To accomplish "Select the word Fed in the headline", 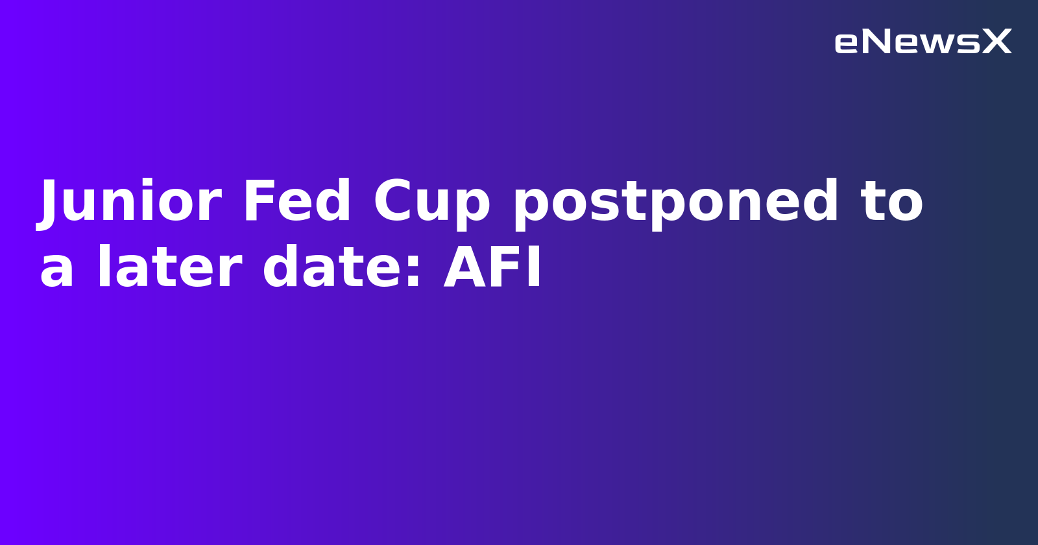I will tap(297, 202).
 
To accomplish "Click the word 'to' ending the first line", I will tap(891, 202).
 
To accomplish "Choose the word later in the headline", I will tap(169, 269).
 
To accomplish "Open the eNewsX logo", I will tap(923, 42).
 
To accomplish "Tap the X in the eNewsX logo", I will tap(996, 42).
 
